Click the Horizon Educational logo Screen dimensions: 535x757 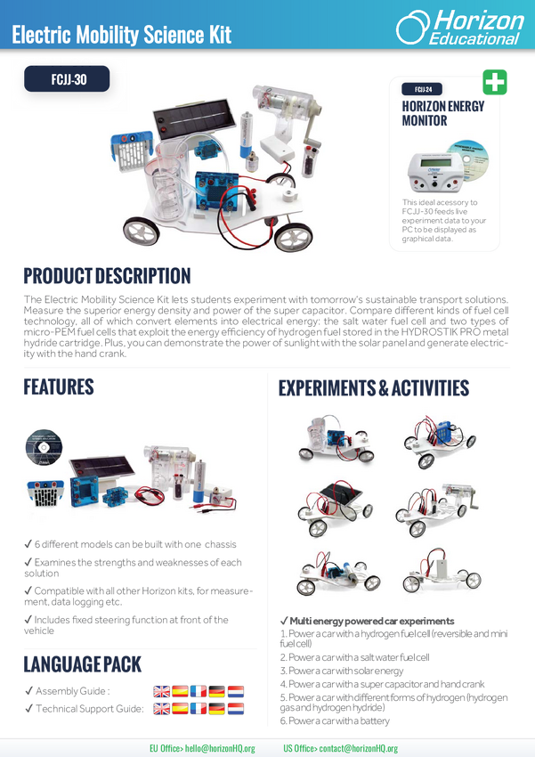click(x=459, y=28)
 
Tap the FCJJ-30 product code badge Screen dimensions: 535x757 click(x=67, y=78)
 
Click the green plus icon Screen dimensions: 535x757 click(x=495, y=82)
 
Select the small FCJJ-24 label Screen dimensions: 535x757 click(x=422, y=89)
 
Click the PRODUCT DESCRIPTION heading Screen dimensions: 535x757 click(x=107, y=276)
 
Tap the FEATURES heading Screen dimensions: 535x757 click(x=59, y=387)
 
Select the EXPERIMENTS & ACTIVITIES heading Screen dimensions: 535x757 click(x=374, y=387)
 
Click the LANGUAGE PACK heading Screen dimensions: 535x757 click(x=83, y=664)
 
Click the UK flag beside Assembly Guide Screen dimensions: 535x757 click(x=162, y=691)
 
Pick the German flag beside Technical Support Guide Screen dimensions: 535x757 click(x=217, y=709)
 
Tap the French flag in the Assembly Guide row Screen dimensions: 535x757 click(x=199, y=691)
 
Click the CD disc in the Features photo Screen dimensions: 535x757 click(x=44, y=447)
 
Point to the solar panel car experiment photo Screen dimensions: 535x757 click(x=335, y=508)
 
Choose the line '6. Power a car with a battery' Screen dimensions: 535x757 click(x=335, y=720)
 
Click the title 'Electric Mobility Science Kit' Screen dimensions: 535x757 click(x=122, y=35)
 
